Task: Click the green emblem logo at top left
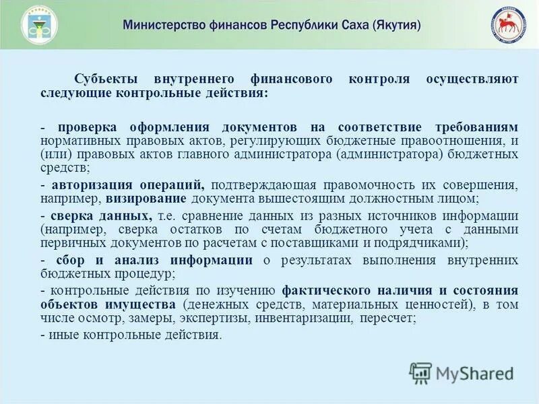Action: coord(39,25)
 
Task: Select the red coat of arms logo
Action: coord(507,26)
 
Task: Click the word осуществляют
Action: coord(472,79)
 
